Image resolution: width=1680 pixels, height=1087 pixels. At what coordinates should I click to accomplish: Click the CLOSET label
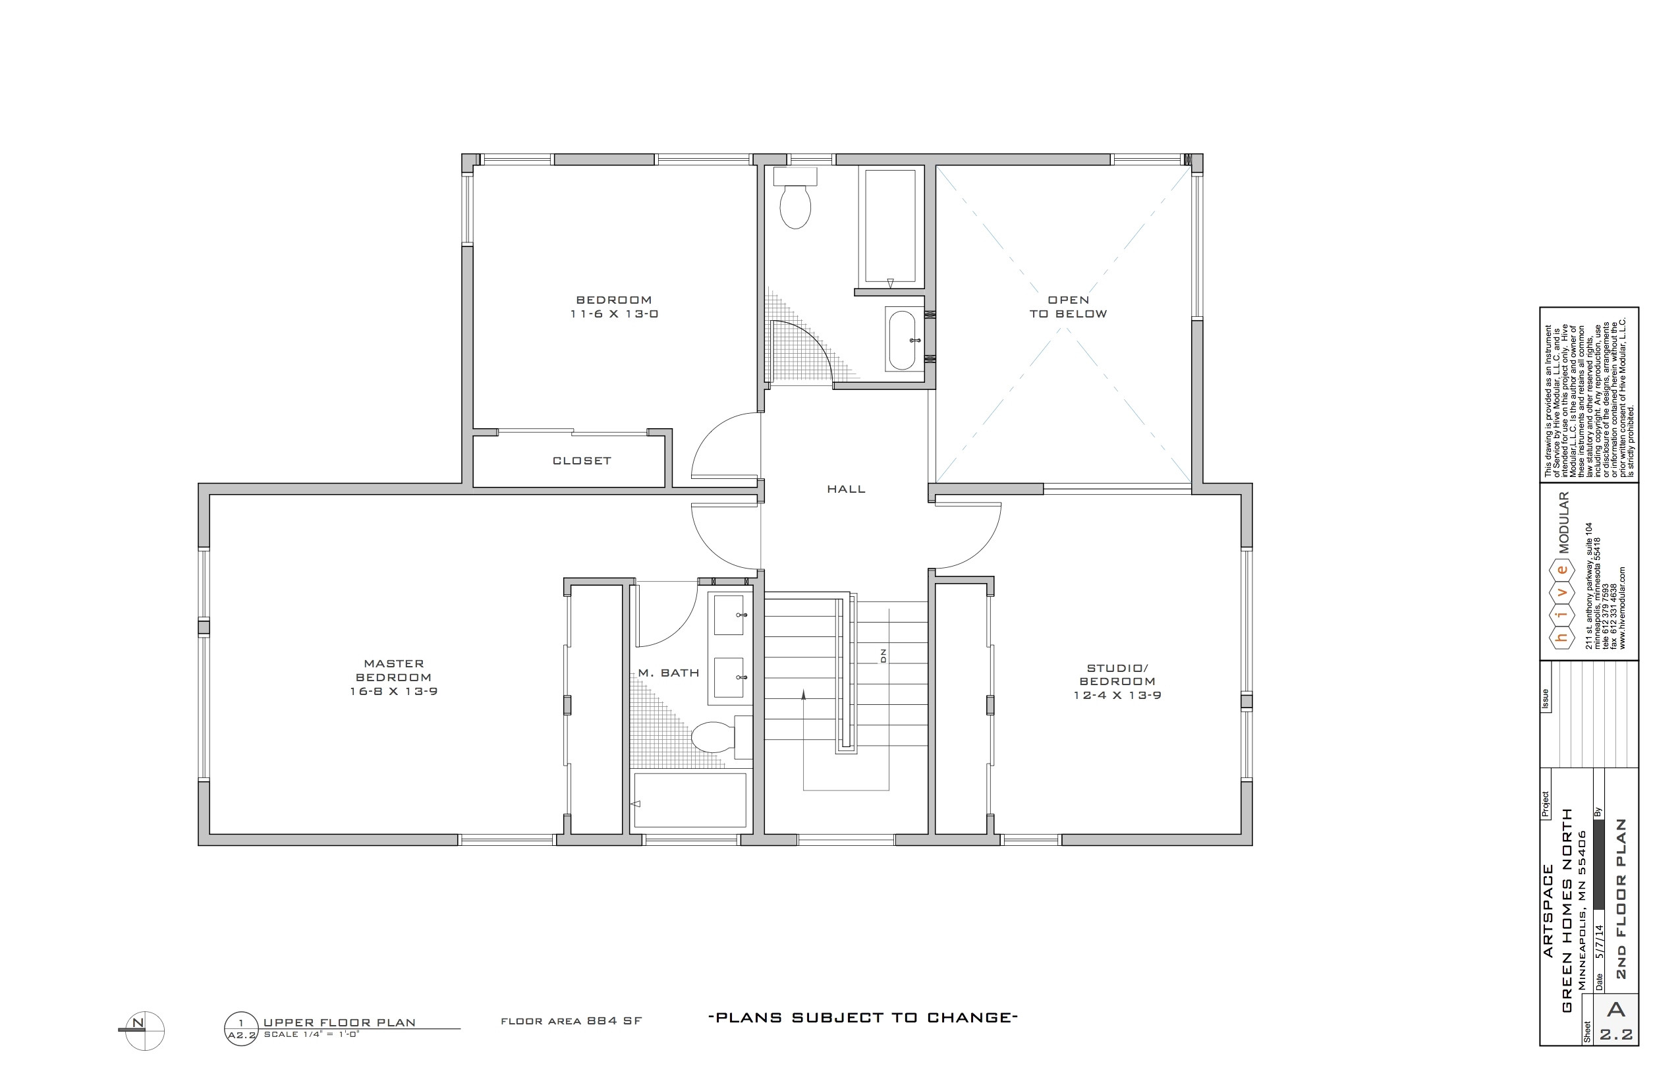point(582,461)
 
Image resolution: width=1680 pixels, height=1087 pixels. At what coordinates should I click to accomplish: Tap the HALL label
point(846,489)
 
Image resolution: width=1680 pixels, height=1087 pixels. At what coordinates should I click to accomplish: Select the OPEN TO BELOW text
point(1068,307)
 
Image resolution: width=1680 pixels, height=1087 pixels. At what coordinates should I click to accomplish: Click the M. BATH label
point(669,673)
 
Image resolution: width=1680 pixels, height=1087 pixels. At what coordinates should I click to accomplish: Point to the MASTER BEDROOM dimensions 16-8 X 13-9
point(394,692)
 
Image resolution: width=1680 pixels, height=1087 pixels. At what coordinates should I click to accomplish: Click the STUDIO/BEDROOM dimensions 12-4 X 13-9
point(1117,695)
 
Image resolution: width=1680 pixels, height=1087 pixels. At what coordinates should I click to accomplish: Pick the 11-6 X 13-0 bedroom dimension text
point(614,314)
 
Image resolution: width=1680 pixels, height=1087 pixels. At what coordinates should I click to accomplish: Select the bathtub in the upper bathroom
point(890,226)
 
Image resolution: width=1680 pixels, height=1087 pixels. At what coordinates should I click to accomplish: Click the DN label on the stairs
point(883,655)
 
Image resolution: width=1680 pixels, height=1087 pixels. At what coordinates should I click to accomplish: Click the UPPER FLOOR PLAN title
point(339,1022)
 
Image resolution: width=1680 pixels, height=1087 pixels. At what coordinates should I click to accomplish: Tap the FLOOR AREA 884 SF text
point(571,1021)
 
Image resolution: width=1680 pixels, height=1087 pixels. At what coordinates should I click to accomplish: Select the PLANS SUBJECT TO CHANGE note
point(862,1018)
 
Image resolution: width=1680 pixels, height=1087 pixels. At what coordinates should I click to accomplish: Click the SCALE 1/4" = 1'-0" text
point(311,1035)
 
